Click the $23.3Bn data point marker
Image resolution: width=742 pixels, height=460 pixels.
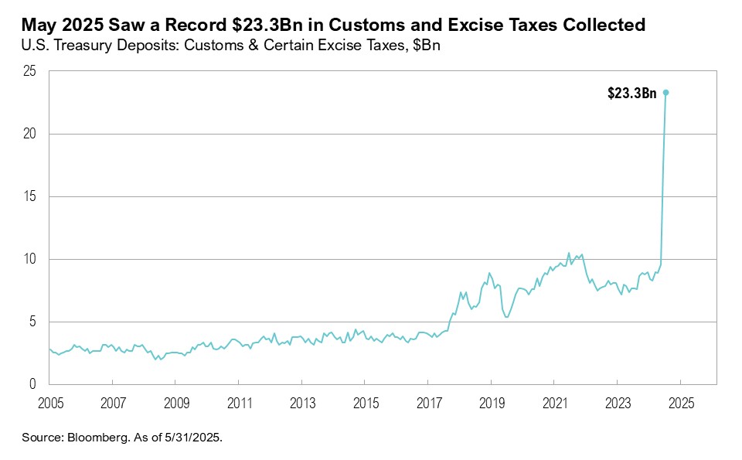tap(665, 92)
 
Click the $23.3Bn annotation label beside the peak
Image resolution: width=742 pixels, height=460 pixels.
tap(632, 94)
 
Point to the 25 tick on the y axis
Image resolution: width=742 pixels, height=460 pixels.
tap(30, 72)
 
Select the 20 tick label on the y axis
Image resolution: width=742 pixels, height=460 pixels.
tap(30, 135)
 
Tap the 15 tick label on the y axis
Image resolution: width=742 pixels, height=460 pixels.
tap(31, 197)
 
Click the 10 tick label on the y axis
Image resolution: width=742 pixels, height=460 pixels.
tap(31, 260)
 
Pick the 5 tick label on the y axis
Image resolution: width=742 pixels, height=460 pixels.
tap(34, 322)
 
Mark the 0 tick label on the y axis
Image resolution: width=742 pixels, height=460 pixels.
tap(34, 384)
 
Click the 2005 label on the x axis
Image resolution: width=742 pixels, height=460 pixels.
tap(49, 404)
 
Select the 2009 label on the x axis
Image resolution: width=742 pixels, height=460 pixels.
tap(175, 404)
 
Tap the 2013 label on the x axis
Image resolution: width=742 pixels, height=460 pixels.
tap(301, 404)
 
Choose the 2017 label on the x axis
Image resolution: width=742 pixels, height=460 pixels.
tap(428, 404)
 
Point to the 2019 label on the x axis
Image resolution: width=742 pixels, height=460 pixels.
tap(491, 404)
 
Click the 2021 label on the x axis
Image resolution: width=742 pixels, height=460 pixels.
tap(554, 404)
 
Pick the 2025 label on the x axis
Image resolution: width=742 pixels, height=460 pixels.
tap(680, 404)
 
